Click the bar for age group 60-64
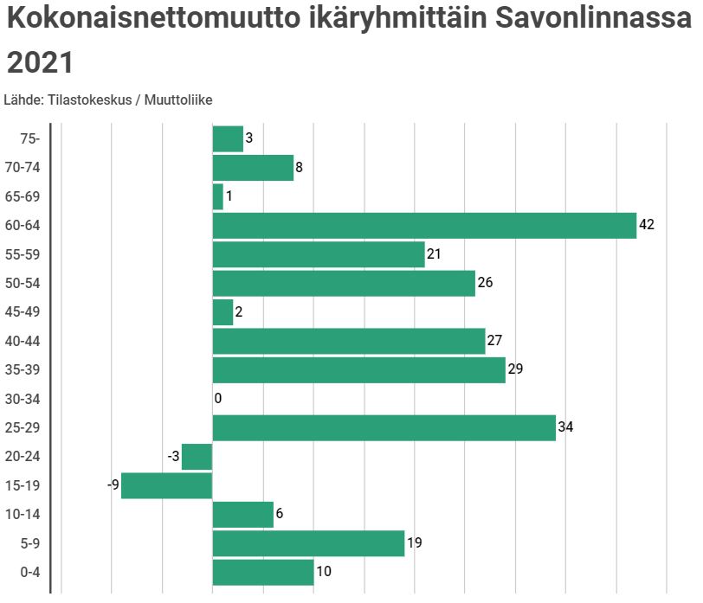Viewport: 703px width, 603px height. [x=424, y=226]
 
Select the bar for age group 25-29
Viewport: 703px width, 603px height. [x=384, y=428]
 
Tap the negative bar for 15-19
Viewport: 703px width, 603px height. [x=166, y=486]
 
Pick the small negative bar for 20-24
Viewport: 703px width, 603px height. [x=197, y=457]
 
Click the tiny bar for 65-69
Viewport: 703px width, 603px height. [x=217, y=197]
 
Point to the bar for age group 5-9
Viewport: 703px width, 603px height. [x=308, y=543]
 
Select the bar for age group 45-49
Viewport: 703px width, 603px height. [x=223, y=312]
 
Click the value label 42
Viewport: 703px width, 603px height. [x=647, y=225]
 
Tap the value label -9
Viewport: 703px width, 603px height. [x=113, y=485]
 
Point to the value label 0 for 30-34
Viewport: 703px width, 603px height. [x=218, y=399]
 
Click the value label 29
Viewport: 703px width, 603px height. [x=515, y=369]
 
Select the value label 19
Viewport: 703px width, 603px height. [x=414, y=543]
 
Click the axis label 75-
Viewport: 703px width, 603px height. [x=29, y=138]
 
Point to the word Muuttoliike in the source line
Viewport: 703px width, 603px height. [x=178, y=99]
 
